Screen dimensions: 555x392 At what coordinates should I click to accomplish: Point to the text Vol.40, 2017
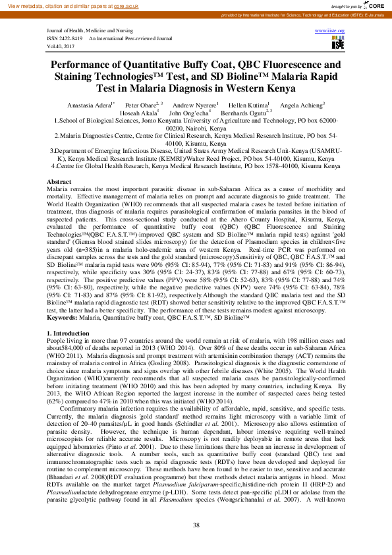point(61,45)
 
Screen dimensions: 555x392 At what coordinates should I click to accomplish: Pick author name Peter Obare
point(140,105)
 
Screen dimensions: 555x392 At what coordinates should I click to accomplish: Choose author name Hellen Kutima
point(245,105)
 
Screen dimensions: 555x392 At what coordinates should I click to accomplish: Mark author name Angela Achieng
point(301,105)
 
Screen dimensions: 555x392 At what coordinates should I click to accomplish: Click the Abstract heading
point(60,163)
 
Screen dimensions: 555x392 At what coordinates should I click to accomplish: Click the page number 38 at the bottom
point(196,525)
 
